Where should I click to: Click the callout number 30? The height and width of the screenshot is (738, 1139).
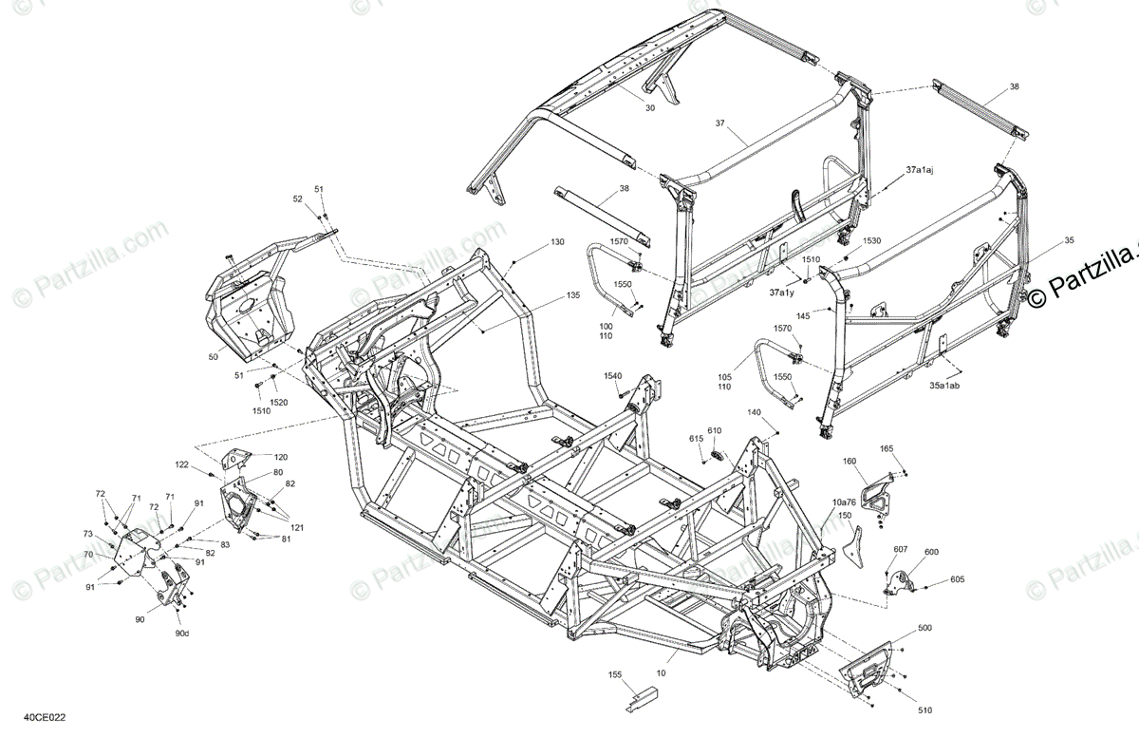pyautogui.click(x=650, y=108)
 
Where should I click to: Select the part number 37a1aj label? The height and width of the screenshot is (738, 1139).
pyautogui.click(x=920, y=169)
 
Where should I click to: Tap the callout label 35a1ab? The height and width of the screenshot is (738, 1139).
pyautogui.click(x=944, y=386)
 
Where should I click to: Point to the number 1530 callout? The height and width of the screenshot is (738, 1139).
pyautogui.click(x=871, y=242)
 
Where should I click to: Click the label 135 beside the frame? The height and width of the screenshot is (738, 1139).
pyautogui.click(x=572, y=295)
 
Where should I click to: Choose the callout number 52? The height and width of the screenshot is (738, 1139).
pyautogui.click(x=297, y=199)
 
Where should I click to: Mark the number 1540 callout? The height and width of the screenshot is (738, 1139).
pyautogui.click(x=613, y=376)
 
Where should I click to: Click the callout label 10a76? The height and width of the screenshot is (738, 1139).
pyautogui.click(x=844, y=501)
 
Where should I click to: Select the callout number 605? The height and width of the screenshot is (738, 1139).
pyautogui.click(x=957, y=578)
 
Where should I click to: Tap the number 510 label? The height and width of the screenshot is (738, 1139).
pyautogui.click(x=924, y=709)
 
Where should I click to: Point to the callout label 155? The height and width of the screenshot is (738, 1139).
pyautogui.click(x=615, y=675)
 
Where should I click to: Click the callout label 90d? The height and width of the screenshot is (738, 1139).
pyautogui.click(x=181, y=634)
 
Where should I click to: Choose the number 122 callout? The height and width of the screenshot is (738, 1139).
pyautogui.click(x=181, y=464)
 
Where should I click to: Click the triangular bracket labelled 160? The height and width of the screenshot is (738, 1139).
pyautogui.click(x=874, y=492)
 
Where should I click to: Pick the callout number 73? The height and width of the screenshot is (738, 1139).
pyautogui.click(x=87, y=534)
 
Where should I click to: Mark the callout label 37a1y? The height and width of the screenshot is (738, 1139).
pyautogui.click(x=782, y=293)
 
